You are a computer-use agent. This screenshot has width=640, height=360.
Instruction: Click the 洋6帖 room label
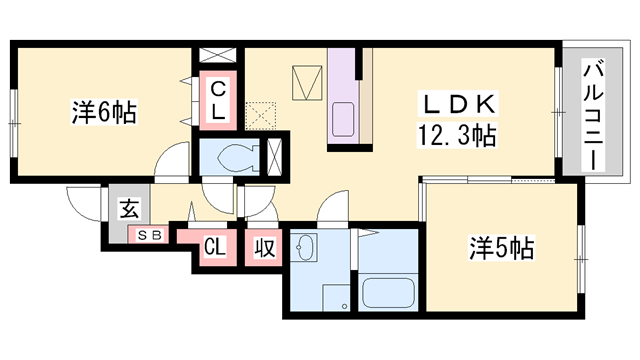pos(103,111)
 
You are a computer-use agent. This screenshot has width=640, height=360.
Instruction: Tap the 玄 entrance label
pos(130,209)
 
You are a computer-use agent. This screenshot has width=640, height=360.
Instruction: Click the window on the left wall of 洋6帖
pos(13,122)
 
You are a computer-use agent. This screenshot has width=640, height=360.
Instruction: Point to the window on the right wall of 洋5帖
pos(580,258)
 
